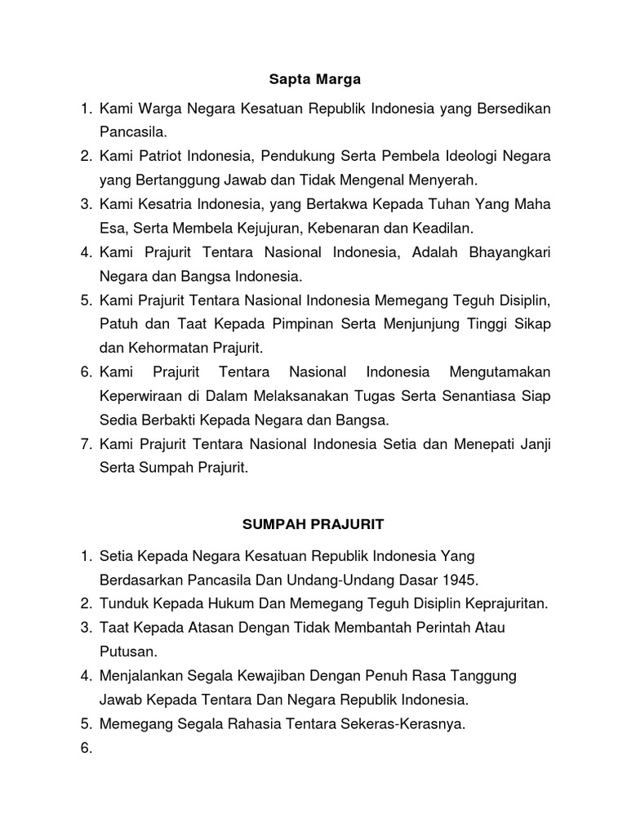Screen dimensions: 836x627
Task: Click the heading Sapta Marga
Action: coord(314,80)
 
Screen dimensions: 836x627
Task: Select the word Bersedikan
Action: coord(510,109)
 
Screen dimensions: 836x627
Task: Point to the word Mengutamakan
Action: coord(500,373)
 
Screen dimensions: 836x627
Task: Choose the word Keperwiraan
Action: coord(142,397)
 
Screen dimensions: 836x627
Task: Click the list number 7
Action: coord(85,444)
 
